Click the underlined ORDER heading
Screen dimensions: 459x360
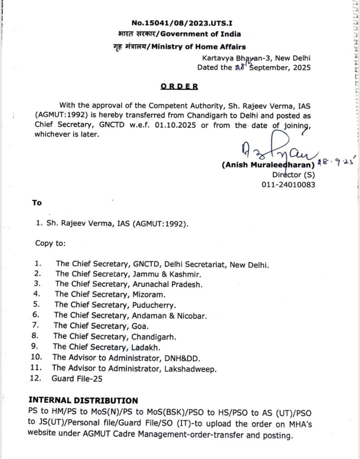(x=180, y=87)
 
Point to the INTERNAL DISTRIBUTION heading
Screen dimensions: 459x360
(x=83, y=400)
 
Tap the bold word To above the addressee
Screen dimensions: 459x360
(x=37, y=203)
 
